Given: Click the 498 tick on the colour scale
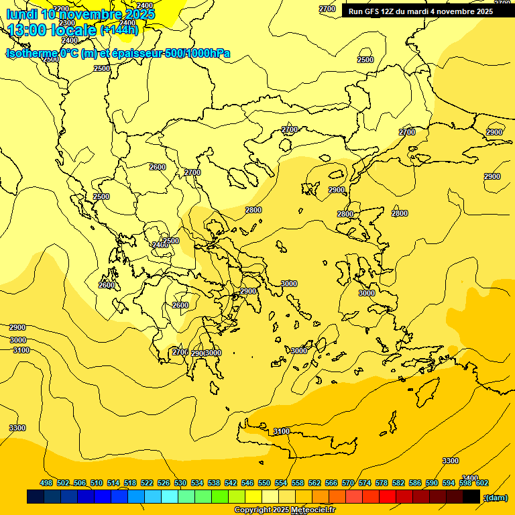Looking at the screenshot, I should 46,483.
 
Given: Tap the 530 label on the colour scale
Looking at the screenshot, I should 180,483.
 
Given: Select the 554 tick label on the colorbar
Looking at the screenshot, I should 281,483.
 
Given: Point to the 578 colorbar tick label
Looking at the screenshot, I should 382,483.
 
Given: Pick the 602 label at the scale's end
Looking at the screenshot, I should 481,483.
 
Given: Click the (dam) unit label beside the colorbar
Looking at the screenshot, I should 496,497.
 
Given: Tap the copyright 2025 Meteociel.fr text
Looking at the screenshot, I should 284,510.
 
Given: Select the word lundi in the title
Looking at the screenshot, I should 21,13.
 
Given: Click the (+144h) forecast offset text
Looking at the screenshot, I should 119,29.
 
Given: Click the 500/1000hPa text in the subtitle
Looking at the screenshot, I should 197,53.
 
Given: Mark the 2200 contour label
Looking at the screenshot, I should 60,9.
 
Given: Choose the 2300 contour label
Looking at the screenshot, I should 67,23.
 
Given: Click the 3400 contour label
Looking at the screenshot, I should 470,477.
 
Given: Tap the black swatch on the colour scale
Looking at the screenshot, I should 471,497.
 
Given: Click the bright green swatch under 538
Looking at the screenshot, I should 220,497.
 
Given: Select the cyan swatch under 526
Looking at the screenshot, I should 170,497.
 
